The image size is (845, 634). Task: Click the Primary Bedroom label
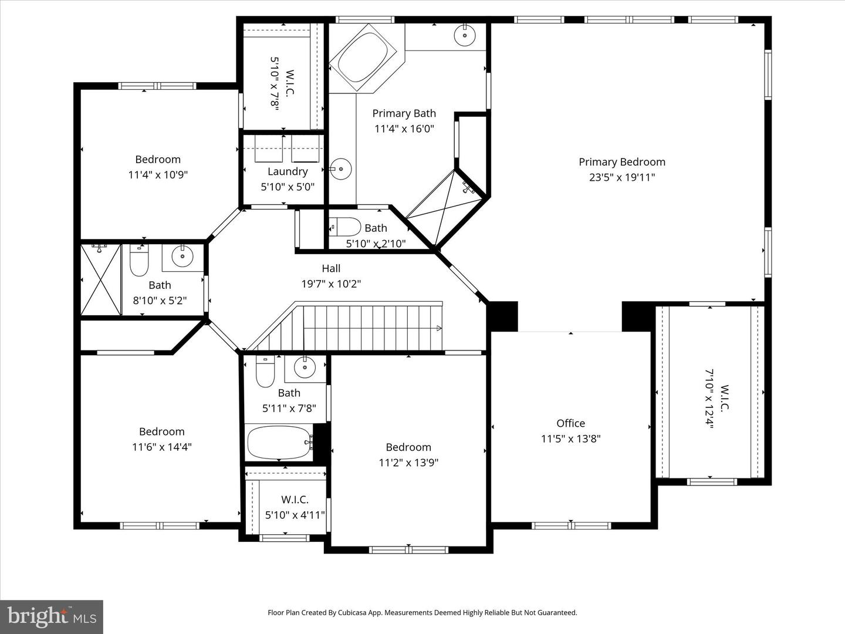pos(622,162)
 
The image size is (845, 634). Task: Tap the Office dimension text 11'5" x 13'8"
pos(570,439)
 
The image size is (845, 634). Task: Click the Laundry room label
pos(288,171)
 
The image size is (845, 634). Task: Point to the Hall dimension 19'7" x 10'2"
pos(331,284)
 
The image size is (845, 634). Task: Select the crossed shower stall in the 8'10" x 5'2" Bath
pos(100,280)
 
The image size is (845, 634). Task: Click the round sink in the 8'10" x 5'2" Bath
pos(182,256)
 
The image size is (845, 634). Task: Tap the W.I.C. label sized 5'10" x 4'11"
pos(295,500)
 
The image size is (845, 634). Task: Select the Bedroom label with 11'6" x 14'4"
pos(162,431)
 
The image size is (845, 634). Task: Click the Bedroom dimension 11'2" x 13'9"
pos(408,463)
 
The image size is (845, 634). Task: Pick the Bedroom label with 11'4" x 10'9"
pos(158,159)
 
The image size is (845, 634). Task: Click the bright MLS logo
pos(52,616)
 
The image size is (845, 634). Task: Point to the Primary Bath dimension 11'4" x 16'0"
pos(404,129)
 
